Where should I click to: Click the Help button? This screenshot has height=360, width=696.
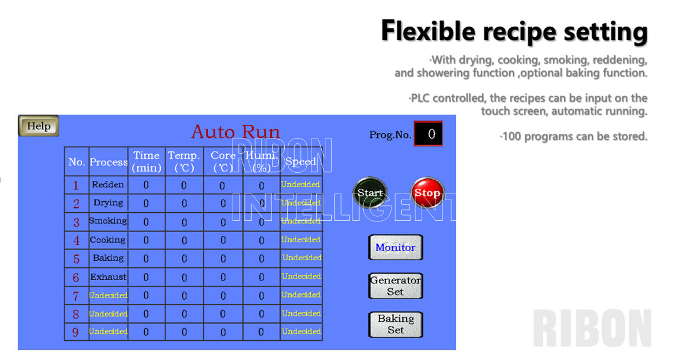pyautogui.click(x=39, y=126)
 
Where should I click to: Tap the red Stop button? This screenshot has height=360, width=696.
pyautogui.click(x=427, y=193)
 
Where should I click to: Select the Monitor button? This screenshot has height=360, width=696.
pyautogui.click(x=396, y=248)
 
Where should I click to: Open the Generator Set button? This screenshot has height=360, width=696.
pyautogui.click(x=396, y=286)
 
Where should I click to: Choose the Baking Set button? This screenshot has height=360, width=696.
pyautogui.click(x=396, y=324)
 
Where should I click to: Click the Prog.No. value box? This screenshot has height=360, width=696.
pyautogui.click(x=428, y=134)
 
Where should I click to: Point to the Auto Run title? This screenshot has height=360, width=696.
pyautogui.click(x=235, y=132)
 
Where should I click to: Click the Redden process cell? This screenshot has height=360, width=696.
pyautogui.click(x=108, y=185)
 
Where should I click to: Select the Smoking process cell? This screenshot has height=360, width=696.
pyautogui.click(x=108, y=221)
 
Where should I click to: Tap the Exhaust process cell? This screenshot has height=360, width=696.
pyautogui.click(x=108, y=277)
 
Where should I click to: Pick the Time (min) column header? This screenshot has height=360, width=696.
pyautogui.click(x=146, y=162)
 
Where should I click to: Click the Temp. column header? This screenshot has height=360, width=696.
pyautogui.click(x=184, y=162)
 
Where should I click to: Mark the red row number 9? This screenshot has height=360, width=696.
pyautogui.click(x=76, y=332)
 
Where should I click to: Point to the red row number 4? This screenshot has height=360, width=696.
pyautogui.click(x=76, y=240)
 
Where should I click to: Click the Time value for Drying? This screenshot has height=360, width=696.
pyautogui.click(x=146, y=203)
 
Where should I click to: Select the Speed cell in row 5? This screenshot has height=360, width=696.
pyautogui.click(x=302, y=258)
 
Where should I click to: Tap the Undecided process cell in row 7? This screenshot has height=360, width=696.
pyautogui.click(x=108, y=295)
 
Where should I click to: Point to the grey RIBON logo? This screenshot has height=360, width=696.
pyautogui.click(x=592, y=329)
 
